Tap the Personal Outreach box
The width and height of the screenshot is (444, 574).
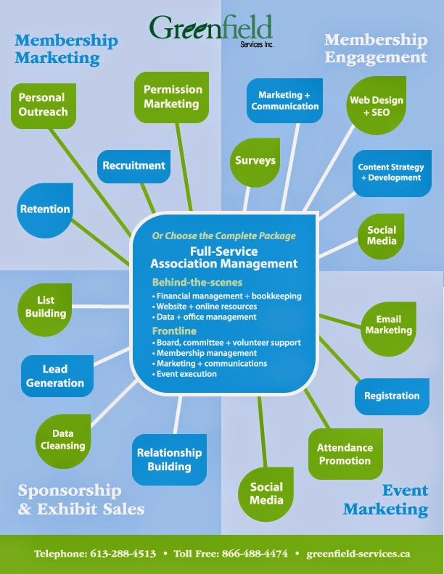[42, 105]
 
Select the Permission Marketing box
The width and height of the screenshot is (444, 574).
[172, 96]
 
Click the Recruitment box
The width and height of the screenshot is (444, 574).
[133, 165]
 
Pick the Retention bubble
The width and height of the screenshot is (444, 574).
[45, 209]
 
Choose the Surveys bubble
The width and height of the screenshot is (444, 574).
[255, 160]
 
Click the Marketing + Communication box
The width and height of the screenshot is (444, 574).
[284, 101]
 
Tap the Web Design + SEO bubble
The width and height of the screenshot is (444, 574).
[377, 107]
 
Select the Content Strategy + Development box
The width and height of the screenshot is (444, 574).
[390, 172]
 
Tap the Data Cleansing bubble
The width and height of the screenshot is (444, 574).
[62, 439]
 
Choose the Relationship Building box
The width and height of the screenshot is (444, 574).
[169, 459]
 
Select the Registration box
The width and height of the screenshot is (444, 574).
[392, 396]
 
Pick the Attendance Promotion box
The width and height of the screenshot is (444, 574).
[345, 454]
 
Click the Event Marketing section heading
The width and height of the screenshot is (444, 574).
[385, 499]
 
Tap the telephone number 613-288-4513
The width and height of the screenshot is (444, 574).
[123, 553]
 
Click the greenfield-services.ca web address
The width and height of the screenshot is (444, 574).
[358, 553]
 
